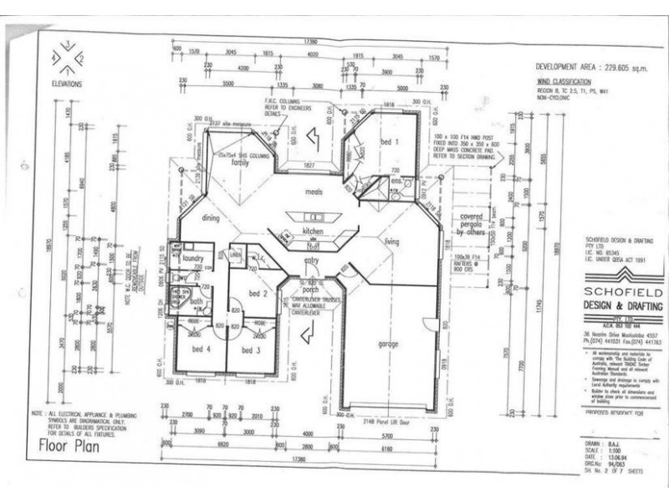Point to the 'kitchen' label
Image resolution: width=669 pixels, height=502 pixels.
(x=313, y=230)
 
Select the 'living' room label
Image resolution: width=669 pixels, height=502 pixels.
(x=391, y=242)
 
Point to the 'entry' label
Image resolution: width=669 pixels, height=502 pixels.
(x=311, y=261)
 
